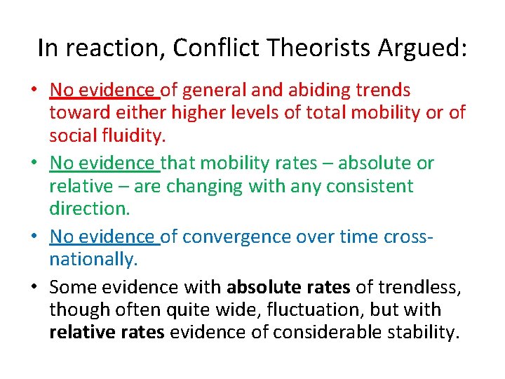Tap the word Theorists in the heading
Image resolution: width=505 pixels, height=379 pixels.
[309, 48]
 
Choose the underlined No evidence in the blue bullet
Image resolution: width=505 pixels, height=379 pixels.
[104, 237]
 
